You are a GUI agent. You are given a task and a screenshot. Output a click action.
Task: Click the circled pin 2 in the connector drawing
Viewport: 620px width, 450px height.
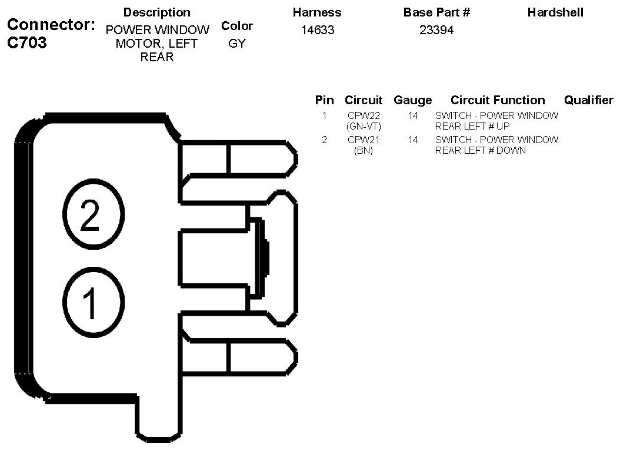click(89, 215)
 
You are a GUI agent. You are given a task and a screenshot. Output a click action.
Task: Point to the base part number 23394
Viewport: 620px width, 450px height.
click(436, 30)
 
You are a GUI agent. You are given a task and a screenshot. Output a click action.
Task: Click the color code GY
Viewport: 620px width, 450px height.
click(236, 44)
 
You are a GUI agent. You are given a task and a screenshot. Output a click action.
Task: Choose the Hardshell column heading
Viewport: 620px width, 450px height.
click(555, 12)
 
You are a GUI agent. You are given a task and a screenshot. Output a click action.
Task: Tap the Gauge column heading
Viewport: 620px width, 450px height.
click(412, 100)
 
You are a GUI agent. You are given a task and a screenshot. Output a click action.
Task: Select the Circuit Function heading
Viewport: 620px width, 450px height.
click(498, 100)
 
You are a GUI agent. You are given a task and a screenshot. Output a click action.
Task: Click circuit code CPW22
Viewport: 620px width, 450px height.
click(364, 116)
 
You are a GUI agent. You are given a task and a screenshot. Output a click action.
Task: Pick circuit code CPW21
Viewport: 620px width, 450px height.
click(364, 140)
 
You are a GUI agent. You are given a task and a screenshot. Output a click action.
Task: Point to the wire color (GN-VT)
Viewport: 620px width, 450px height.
click(364, 126)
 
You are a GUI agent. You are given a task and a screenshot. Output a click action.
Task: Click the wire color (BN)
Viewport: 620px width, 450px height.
click(364, 150)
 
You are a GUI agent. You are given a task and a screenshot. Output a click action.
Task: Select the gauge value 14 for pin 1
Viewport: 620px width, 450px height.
click(413, 116)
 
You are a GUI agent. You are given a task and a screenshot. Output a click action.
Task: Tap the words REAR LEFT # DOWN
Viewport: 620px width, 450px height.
click(480, 150)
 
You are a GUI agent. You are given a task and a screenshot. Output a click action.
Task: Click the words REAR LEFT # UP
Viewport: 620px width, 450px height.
click(472, 126)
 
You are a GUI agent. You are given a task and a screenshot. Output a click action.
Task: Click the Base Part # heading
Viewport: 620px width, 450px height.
click(436, 12)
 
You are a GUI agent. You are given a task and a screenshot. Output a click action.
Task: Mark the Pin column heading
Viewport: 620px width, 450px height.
click(324, 100)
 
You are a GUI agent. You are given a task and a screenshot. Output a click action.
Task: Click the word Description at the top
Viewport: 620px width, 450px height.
click(157, 12)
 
